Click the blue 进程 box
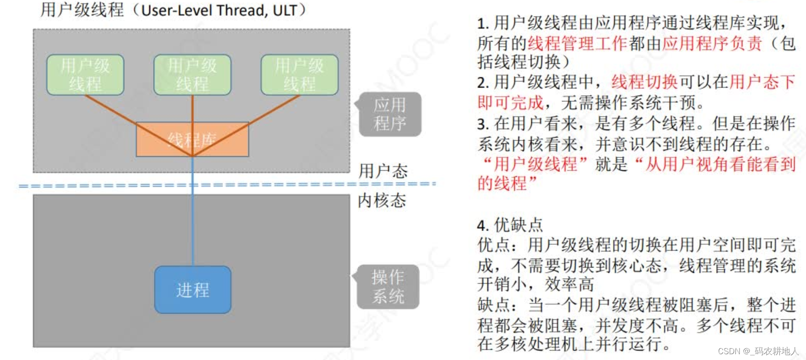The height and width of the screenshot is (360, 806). point(193,290)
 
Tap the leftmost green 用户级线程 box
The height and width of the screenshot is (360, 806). point(85,75)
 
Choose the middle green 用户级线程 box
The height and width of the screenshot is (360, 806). point(193,75)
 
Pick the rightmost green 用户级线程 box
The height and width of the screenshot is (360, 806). point(299,75)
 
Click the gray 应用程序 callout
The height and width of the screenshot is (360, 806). point(390,114)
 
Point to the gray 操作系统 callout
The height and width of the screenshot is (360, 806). point(388,287)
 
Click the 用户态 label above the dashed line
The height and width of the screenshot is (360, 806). point(383,171)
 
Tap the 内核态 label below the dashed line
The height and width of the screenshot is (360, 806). point(382,201)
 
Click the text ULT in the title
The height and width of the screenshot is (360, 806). point(285,10)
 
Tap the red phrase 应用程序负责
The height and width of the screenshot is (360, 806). point(712,43)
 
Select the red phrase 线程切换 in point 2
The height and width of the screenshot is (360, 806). point(644,82)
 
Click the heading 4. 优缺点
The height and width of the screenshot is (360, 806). point(510,225)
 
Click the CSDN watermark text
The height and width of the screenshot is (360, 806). point(758,351)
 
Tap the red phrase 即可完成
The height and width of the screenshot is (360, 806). point(510,103)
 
